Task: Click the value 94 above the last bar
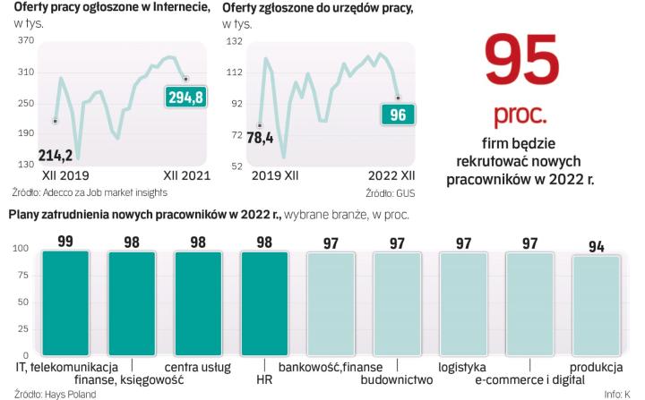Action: pyautogui.click(x=596, y=243)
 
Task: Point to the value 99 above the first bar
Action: pyautogui.click(x=65, y=240)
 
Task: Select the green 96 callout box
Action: pyautogui.click(x=398, y=115)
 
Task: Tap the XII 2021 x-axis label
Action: pyautogui.click(x=186, y=175)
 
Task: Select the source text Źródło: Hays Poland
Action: pyautogui.click(x=43, y=393)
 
